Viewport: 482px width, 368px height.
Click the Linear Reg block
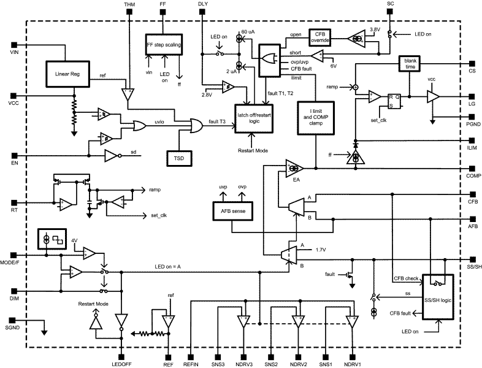pos(67,74)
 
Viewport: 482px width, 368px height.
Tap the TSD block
pos(179,158)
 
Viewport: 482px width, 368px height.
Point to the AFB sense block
pos(231,209)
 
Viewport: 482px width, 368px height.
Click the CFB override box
pos(319,37)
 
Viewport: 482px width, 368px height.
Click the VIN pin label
pos(15,53)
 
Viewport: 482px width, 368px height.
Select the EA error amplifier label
pos(296,180)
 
